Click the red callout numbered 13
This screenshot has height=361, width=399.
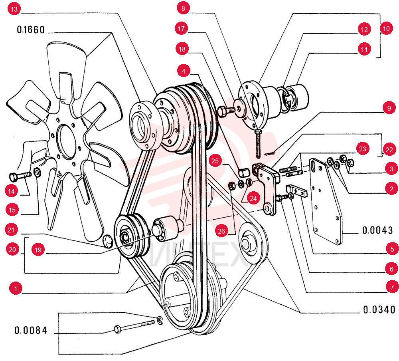14,9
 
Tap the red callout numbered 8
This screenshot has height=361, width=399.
183,8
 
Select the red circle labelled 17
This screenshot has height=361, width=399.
181,28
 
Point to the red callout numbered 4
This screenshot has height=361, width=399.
184,71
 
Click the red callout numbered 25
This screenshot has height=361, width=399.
215,161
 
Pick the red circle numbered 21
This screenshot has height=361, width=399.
11,230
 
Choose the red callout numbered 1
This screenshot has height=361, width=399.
16,288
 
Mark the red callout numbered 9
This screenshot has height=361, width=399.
389,108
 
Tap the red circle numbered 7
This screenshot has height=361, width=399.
392,287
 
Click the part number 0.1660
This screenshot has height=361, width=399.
31,30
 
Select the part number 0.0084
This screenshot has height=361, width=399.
31,330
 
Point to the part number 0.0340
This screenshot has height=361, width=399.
379,309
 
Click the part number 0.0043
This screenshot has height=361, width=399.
377,230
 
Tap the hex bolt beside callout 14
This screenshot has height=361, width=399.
20,176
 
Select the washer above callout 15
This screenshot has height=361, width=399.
38,173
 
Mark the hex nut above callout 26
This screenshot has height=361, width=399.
232,186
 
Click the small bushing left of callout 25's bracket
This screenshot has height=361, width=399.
244,173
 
